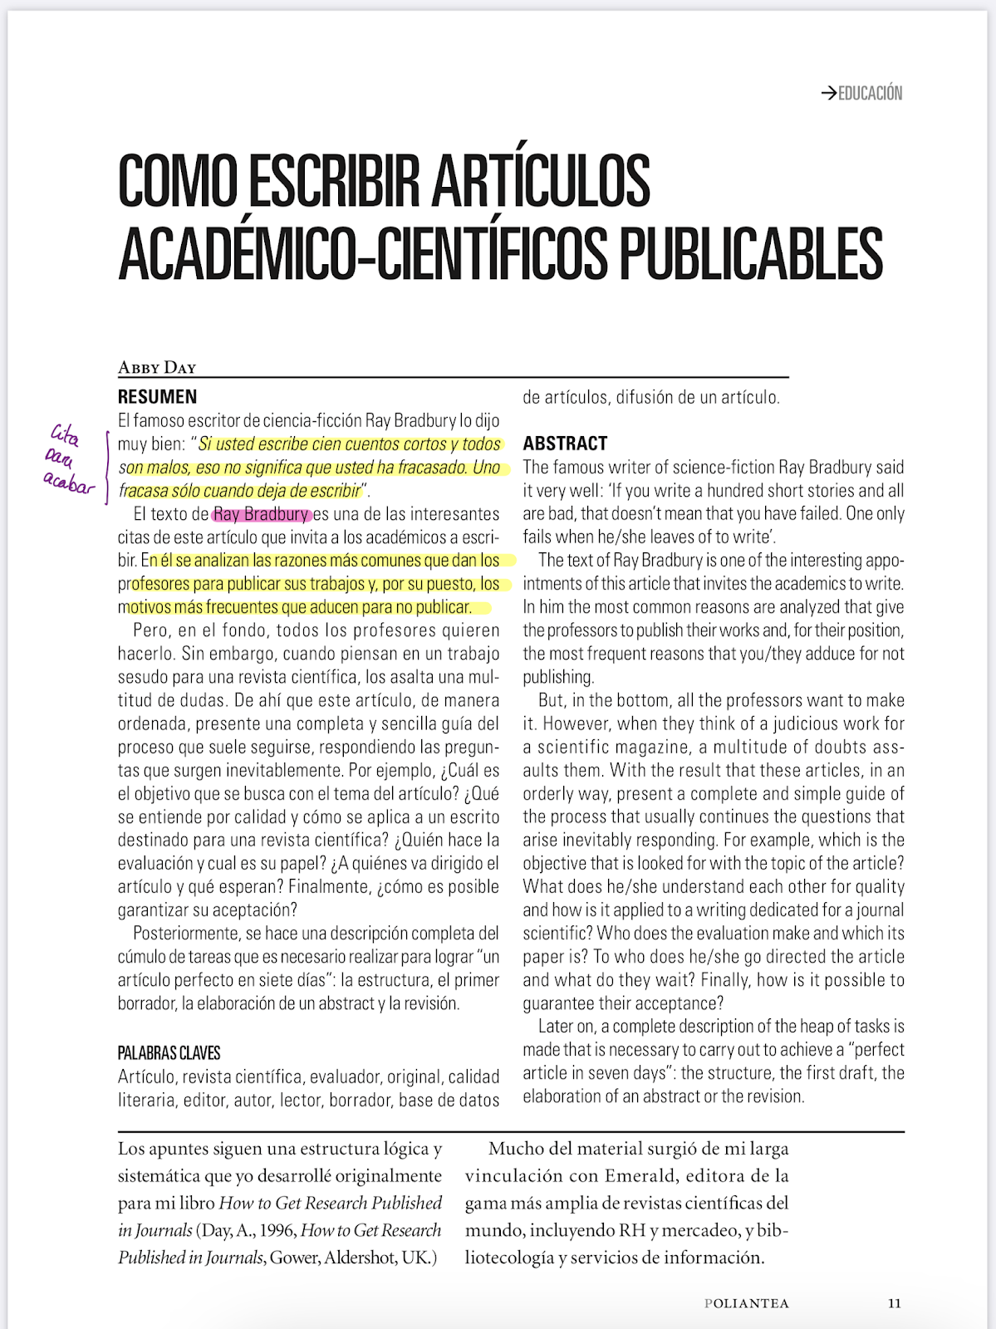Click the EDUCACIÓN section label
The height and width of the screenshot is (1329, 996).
pyautogui.click(x=870, y=93)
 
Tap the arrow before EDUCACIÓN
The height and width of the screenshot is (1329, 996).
pyautogui.click(x=828, y=93)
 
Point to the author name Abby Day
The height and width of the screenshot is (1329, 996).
pyautogui.click(x=157, y=367)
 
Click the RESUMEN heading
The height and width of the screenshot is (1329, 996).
pyautogui.click(x=157, y=397)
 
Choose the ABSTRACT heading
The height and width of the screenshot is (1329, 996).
pyautogui.click(x=565, y=444)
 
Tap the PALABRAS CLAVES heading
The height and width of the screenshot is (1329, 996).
pyautogui.click(x=169, y=1053)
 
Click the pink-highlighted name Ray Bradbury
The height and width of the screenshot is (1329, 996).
pyautogui.click(x=262, y=514)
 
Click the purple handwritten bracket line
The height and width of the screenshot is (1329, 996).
pyautogui.click(x=107, y=468)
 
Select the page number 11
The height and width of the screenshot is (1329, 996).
pyautogui.click(x=894, y=1303)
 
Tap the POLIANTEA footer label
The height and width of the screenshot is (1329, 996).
pyautogui.click(x=746, y=1303)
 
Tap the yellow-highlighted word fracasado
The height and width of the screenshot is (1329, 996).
pyautogui.click(x=432, y=468)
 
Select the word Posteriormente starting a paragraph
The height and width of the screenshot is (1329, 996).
pyautogui.click(x=188, y=934)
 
